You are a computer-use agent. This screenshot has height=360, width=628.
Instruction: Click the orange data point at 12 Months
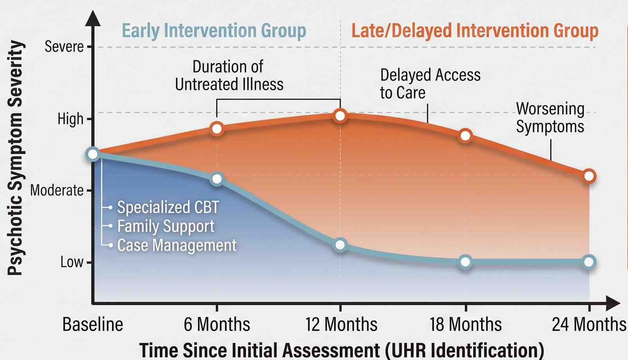(340, 116)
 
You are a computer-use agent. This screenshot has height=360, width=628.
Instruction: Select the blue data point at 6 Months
(217, 179)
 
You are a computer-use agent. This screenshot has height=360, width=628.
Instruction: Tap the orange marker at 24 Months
(589, 176)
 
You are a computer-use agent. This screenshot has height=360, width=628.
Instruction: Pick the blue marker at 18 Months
(465, 262)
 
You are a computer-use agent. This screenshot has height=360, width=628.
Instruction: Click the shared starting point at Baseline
(93, 154)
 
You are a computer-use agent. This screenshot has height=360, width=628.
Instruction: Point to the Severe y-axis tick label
(64, 47)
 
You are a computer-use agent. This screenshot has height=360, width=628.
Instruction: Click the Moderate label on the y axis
(57, 190)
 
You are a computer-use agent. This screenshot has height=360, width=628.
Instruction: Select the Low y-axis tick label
(72, 262)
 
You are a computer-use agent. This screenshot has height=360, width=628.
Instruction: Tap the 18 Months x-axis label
(465, 324)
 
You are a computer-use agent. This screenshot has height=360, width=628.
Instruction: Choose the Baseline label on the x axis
(93, 324)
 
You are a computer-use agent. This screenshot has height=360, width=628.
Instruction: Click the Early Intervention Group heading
(214, 31)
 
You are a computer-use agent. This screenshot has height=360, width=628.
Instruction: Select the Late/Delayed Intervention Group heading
(475, 31)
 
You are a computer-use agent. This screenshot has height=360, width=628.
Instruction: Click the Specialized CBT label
(168, 207)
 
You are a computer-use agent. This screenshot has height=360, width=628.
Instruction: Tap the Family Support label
(166, 226)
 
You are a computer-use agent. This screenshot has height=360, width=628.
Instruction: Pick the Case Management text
(177, 245)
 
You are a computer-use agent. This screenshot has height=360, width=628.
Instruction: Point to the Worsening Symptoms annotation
(550, 118)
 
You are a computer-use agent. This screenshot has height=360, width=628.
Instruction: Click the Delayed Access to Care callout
(430, 83)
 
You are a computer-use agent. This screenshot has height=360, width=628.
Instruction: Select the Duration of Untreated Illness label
(229, 76)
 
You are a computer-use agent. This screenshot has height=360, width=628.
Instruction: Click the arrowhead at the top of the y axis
(93, 18)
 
